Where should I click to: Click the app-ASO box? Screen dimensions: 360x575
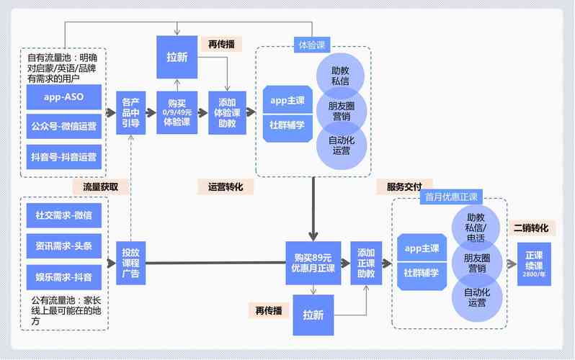point(64,96)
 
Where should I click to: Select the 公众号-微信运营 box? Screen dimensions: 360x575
point(64,126)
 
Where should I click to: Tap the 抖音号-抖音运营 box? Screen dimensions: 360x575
point(64,156)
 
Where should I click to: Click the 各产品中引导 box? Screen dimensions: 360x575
point(130,112)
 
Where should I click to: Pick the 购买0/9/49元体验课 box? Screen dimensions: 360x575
point(177,112)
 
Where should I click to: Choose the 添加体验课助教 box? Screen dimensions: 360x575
point(227,112)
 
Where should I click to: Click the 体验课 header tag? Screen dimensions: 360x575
point(312,45)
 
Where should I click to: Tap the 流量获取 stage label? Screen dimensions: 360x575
point(100,186)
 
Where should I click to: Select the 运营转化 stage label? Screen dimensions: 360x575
point(226,186)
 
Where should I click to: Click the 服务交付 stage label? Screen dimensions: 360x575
point(404,186)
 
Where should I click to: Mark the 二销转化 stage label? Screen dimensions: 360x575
point(530,228)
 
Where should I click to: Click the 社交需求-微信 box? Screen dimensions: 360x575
point(64,215)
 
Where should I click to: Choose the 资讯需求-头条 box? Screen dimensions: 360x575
point(64,246)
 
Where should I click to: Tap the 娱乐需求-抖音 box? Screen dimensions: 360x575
point(64,276)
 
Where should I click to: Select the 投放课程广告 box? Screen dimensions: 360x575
point(130,263)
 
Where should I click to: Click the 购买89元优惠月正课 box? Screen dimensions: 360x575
point(313,263)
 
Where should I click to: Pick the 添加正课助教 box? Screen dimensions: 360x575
point(366,263)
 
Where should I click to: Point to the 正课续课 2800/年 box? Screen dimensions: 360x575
point(534,264)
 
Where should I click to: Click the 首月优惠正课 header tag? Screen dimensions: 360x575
point(451,197)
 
